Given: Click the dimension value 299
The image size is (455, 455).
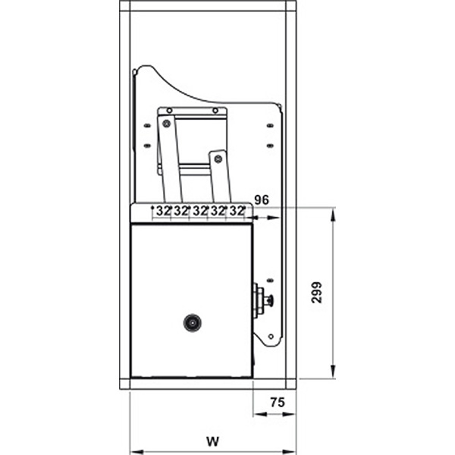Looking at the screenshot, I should (x=317, y=293).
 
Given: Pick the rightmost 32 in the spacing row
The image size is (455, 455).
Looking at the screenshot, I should (x=237, y=211).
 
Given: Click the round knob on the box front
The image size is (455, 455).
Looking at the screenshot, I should (x=191, y=322).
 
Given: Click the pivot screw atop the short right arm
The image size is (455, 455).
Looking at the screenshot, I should (x=218, y=158).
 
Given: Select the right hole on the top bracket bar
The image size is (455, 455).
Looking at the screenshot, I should (x=215, y=111).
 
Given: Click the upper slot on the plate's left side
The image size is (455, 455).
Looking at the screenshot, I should (x=147, y=127).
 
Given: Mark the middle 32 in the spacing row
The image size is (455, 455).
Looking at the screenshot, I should (x=200, y=211).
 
